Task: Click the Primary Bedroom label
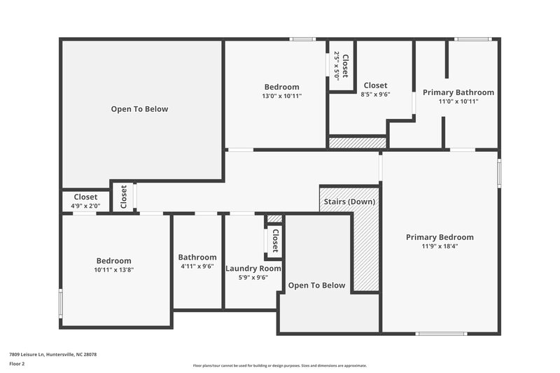440,237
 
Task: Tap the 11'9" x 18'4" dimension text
440,246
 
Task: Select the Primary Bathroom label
458,92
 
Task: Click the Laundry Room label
253,268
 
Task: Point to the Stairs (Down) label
349,202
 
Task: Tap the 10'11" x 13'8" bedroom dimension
113,270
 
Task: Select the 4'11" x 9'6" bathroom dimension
197,267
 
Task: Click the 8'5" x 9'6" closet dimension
375,94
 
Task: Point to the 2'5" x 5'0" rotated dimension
337,65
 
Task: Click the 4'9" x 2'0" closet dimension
86,206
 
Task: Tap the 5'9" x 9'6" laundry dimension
253,277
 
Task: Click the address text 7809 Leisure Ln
52,355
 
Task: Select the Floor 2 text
17,364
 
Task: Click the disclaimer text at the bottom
279,365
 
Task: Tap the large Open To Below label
139,109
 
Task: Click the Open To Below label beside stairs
317,286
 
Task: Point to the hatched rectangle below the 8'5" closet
358,143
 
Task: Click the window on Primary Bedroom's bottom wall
441,333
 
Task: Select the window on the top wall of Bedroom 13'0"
302,39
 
